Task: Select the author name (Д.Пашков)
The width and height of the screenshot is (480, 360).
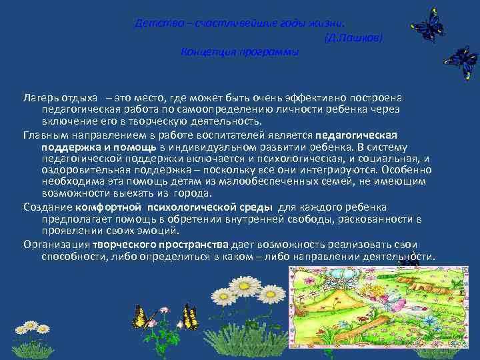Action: click(x=353, y=39)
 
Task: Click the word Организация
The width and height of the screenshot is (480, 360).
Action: click(x=57, y=244)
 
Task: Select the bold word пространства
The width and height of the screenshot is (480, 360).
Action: click(x=193, y=244)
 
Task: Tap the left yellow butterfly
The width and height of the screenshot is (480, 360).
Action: click(x=142, y=316)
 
